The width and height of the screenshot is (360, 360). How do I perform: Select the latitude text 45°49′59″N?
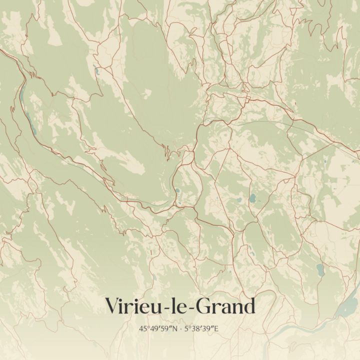pos(160,329)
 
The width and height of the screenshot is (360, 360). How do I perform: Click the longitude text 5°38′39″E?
pos(202,329)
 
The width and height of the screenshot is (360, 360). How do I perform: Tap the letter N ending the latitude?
pos(176,329)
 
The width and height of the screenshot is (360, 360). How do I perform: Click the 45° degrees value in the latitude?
pos(145,329)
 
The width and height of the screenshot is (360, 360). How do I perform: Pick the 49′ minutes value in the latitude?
pos(156,329)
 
